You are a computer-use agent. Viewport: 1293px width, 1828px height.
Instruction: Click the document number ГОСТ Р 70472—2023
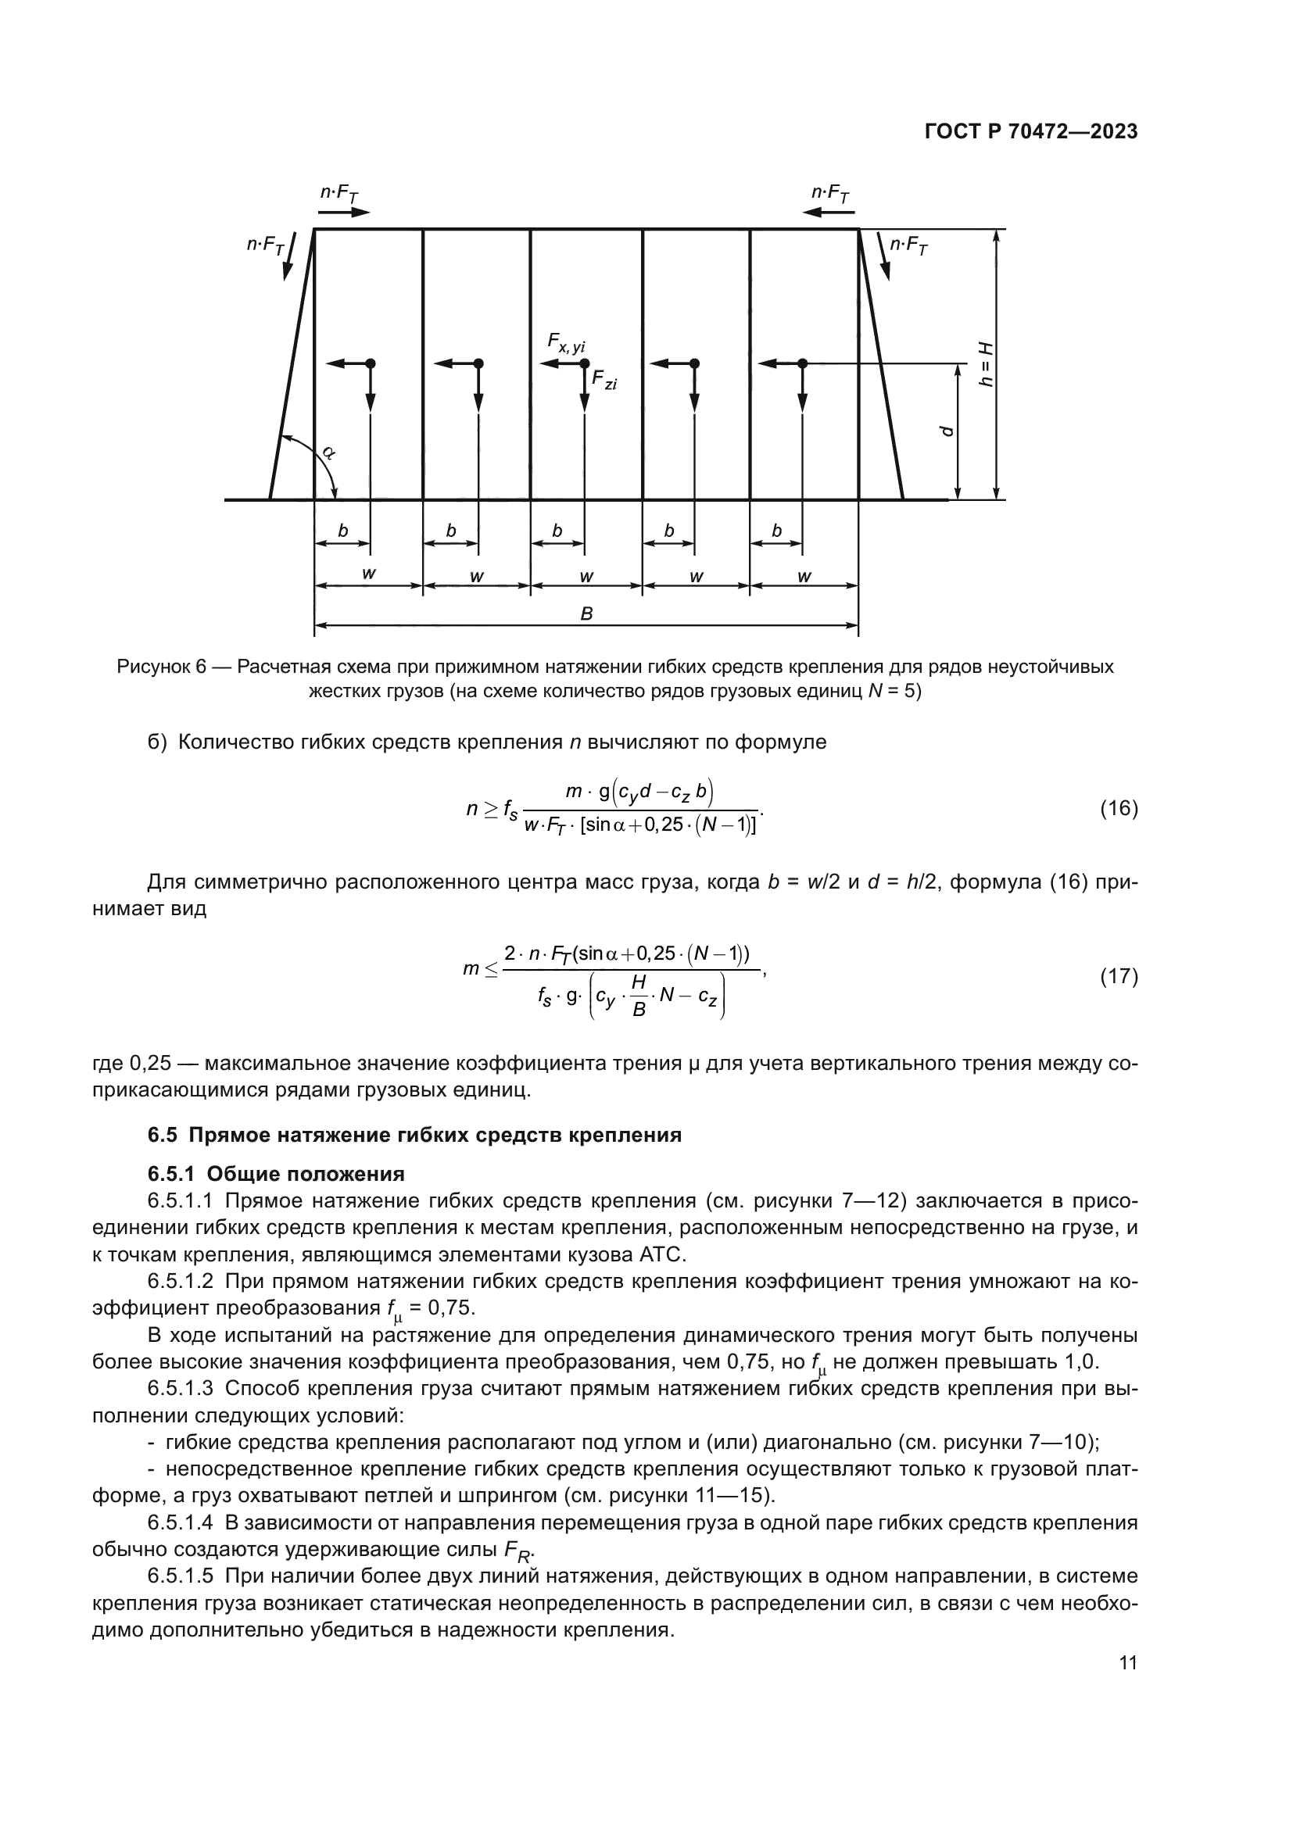point(1031,132)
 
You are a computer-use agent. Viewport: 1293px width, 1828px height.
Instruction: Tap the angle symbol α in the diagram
point(329,453)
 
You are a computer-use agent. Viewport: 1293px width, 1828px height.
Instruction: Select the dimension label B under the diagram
point(586,614)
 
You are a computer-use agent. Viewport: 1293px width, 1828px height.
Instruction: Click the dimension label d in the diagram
point(946,431)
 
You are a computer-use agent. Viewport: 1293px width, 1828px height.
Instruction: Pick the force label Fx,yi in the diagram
point(566,342)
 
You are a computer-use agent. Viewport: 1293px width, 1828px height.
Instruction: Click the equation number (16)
point(1119,809)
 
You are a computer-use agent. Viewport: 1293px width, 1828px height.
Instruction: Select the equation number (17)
point(1119,976)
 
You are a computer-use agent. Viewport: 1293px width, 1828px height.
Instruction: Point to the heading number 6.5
point(163,1136)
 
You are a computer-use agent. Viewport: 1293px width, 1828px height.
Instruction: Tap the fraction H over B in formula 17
point(638,996)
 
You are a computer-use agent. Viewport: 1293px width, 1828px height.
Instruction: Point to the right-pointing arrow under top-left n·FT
point(343,213)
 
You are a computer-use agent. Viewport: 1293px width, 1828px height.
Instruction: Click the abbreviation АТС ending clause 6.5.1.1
point(661,1256)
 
